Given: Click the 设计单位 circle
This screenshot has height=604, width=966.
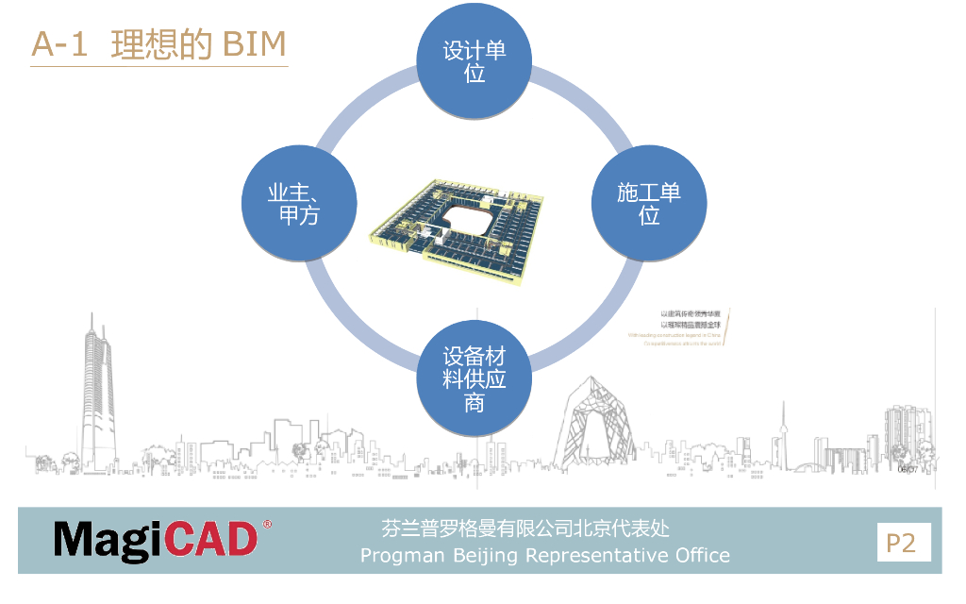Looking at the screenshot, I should coord(475,62).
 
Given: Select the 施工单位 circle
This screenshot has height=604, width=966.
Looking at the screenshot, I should coord(649,204).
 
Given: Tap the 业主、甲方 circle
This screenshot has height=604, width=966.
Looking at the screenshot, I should coord(299,204).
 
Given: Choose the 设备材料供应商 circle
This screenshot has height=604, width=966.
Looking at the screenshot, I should coord(475,377).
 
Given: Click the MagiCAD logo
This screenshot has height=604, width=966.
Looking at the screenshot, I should coord(156,540).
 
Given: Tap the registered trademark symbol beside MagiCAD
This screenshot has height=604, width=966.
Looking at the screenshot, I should coord(267,523).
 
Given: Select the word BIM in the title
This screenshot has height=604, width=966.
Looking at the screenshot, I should coord(254,44).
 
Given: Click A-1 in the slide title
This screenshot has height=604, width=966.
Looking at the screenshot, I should coord(59,44).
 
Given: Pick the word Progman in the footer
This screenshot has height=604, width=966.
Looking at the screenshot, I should coord(403,555).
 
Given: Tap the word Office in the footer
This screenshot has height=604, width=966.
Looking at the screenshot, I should coord(701,555).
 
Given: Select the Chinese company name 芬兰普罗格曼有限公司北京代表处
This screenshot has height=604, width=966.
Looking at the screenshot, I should coord(525,528).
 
